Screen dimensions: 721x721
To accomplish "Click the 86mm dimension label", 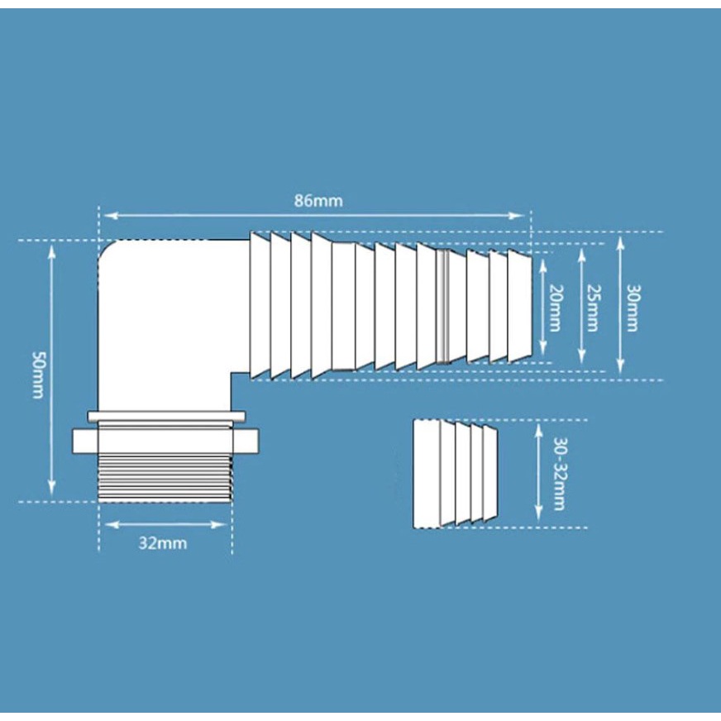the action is pos(318,201).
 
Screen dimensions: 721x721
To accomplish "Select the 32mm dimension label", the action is pos(163,543).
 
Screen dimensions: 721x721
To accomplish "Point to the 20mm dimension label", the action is pos(555,307).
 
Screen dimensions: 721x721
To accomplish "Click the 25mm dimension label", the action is pos(592,307).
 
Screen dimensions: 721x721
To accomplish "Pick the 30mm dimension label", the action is pos(632,307).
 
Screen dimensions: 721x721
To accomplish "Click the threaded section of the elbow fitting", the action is pos(164,477).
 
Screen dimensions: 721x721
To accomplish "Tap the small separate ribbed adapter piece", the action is pos(456,473).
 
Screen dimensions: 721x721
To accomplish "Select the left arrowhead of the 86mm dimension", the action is pos(107,216).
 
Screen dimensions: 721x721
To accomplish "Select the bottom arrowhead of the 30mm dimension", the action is pos(620,367).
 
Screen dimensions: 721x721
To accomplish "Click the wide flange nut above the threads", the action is pos(165,440).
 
